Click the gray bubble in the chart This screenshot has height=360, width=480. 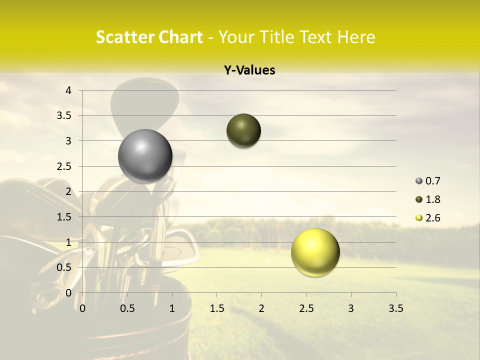click(x=145, y=156)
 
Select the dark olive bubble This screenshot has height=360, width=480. click(x=243, y=131)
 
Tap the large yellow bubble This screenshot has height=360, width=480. click(x=315, y=252)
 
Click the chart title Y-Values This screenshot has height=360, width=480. click(x=249, y=70)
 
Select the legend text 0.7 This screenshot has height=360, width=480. click(x=433, y=181)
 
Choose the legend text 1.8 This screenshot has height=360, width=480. click(x=433, y=199)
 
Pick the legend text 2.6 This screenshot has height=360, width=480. click(x=433, y=218)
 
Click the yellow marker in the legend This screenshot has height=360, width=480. click(x=419, y=218)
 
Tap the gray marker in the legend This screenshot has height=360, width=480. click(x=419, y=181)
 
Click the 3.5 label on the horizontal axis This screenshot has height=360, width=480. click(x=395, y=308)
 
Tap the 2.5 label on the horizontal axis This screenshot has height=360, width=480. click(x=306, y=308)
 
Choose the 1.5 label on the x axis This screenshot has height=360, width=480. click(x=216, y=308)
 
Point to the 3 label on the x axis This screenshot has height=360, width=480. click(x=351, y=308)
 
